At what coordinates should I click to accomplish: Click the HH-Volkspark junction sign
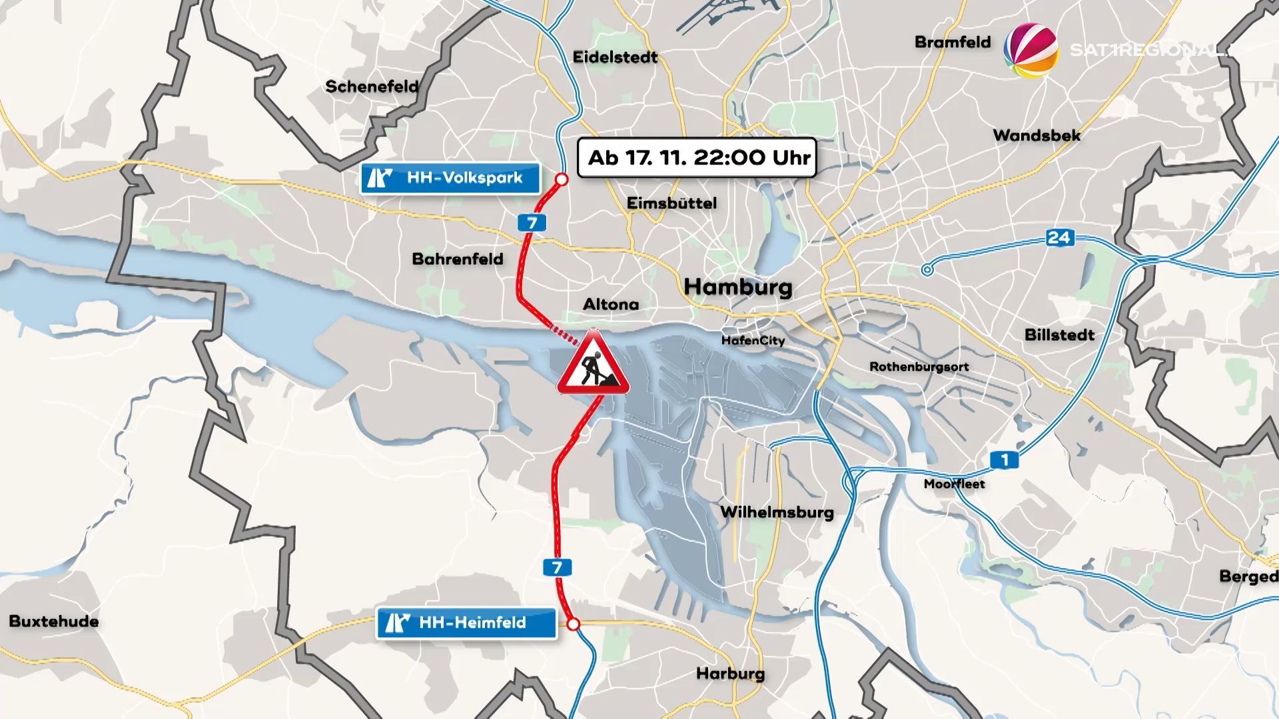[450, 178]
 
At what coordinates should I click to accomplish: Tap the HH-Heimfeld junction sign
[466, 623]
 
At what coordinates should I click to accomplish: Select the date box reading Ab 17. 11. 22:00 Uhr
[697, 158]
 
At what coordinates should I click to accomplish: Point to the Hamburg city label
[738, 287]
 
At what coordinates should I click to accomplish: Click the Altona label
[611, 304]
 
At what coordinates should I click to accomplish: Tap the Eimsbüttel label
[671, 203]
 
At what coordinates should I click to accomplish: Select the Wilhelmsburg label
[777, 512]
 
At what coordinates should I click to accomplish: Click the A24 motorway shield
[1059, 238]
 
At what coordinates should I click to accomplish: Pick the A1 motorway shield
[1004, 459]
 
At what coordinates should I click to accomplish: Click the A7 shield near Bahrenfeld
[532, 223]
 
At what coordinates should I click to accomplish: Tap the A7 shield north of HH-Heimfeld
[557, 567]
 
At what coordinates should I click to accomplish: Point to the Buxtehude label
[54, 621]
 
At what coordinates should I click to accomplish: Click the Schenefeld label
[372, 87]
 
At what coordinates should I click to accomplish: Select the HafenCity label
[753, 341]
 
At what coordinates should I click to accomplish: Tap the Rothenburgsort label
[919, 367]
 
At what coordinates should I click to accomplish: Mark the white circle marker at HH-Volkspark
[562, 179]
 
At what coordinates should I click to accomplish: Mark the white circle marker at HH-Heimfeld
[573, 624]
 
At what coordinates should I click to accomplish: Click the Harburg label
[730, 673]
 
